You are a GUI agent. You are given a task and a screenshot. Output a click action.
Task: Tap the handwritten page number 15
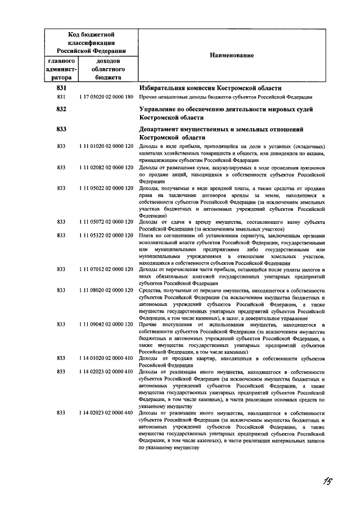[328, 481]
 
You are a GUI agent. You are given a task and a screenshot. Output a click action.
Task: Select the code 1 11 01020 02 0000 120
[106, 146]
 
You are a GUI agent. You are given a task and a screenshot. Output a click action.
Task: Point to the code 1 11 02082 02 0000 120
[106, 168]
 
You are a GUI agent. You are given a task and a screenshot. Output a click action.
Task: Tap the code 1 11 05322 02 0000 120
[106, 236]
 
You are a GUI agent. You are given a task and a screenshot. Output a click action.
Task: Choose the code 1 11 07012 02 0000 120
[106, 270]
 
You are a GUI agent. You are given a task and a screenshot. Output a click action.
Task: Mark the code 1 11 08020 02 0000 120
[106, 290]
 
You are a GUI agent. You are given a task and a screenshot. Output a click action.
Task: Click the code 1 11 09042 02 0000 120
[106, 325]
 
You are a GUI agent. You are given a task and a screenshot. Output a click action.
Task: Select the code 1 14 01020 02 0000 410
[106, 358]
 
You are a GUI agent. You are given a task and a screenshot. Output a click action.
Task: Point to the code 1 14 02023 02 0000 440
[106, 413]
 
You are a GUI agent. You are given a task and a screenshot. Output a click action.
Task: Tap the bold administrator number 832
[62, 110]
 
